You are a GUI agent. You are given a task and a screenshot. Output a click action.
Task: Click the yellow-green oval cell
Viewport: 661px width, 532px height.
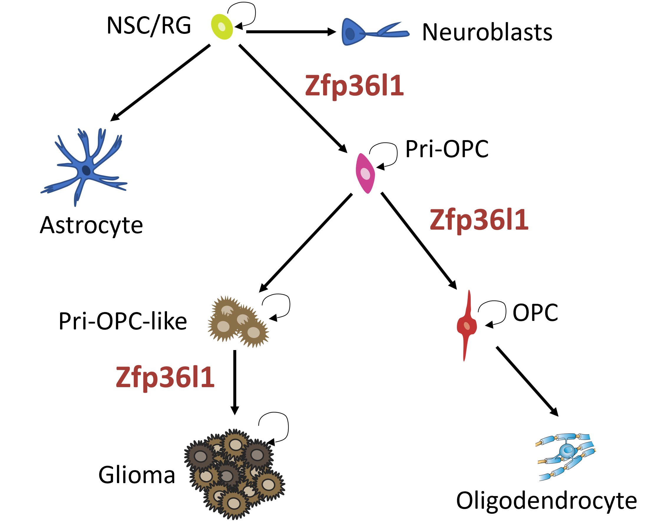tap(222, 27)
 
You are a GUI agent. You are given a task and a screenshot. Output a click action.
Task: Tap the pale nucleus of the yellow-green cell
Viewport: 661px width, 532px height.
tap(222, 27)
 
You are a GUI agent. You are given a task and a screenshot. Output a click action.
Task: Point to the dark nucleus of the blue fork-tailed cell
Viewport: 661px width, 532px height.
tap(350, 33)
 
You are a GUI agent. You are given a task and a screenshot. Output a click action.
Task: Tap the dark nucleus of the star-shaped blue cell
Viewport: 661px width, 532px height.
tap(86, 170)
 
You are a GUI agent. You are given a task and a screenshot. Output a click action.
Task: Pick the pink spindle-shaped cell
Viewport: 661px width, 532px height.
tap(365, 173)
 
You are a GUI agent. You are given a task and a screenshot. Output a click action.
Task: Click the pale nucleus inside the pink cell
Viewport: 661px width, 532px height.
tap(365, 174)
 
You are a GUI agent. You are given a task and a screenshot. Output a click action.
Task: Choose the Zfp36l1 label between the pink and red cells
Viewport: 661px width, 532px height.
tap(479, 220)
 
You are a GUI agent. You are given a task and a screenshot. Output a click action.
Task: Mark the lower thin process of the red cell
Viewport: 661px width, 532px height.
tap(465, 349)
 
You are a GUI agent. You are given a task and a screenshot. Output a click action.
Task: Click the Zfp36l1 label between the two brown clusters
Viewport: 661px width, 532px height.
tap(165, 377)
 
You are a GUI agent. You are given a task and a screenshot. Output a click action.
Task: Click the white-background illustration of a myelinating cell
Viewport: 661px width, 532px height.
tap(566, 457)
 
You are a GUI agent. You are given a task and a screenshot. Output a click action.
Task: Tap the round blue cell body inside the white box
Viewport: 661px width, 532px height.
tap(568, 450)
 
